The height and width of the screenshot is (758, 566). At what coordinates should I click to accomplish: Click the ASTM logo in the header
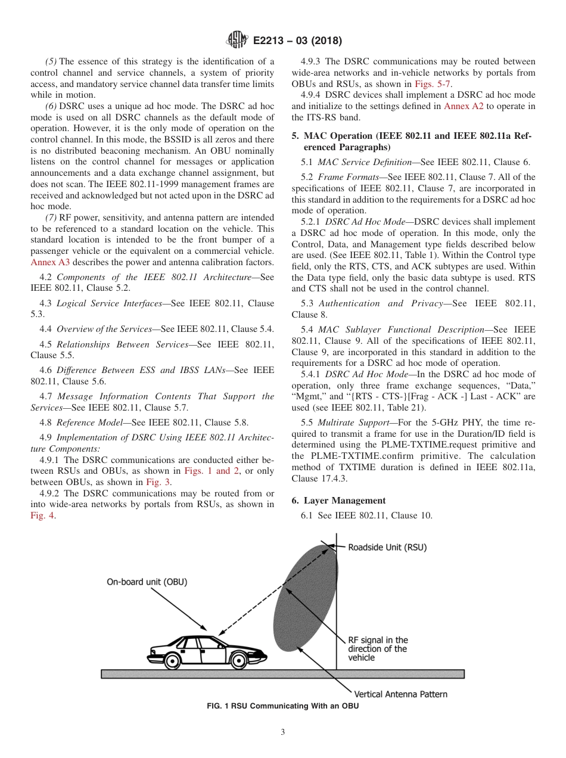[237, 41]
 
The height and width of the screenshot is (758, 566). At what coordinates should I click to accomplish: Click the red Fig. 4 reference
[42, 516]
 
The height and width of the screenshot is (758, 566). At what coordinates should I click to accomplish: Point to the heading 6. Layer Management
[338, 501]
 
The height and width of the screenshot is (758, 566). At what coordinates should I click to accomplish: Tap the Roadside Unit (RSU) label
[387, 546]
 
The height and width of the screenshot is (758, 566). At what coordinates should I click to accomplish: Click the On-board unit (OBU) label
[147, 582]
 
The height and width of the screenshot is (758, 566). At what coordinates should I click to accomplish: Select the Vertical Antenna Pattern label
[400, 694]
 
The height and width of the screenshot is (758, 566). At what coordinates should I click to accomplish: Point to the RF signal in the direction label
[378, 649]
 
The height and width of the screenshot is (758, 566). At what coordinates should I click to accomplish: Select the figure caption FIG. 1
[282, 706]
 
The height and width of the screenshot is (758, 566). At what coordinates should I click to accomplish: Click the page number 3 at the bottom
[283, 732]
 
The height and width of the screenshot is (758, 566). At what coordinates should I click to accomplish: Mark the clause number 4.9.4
[313, 95]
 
